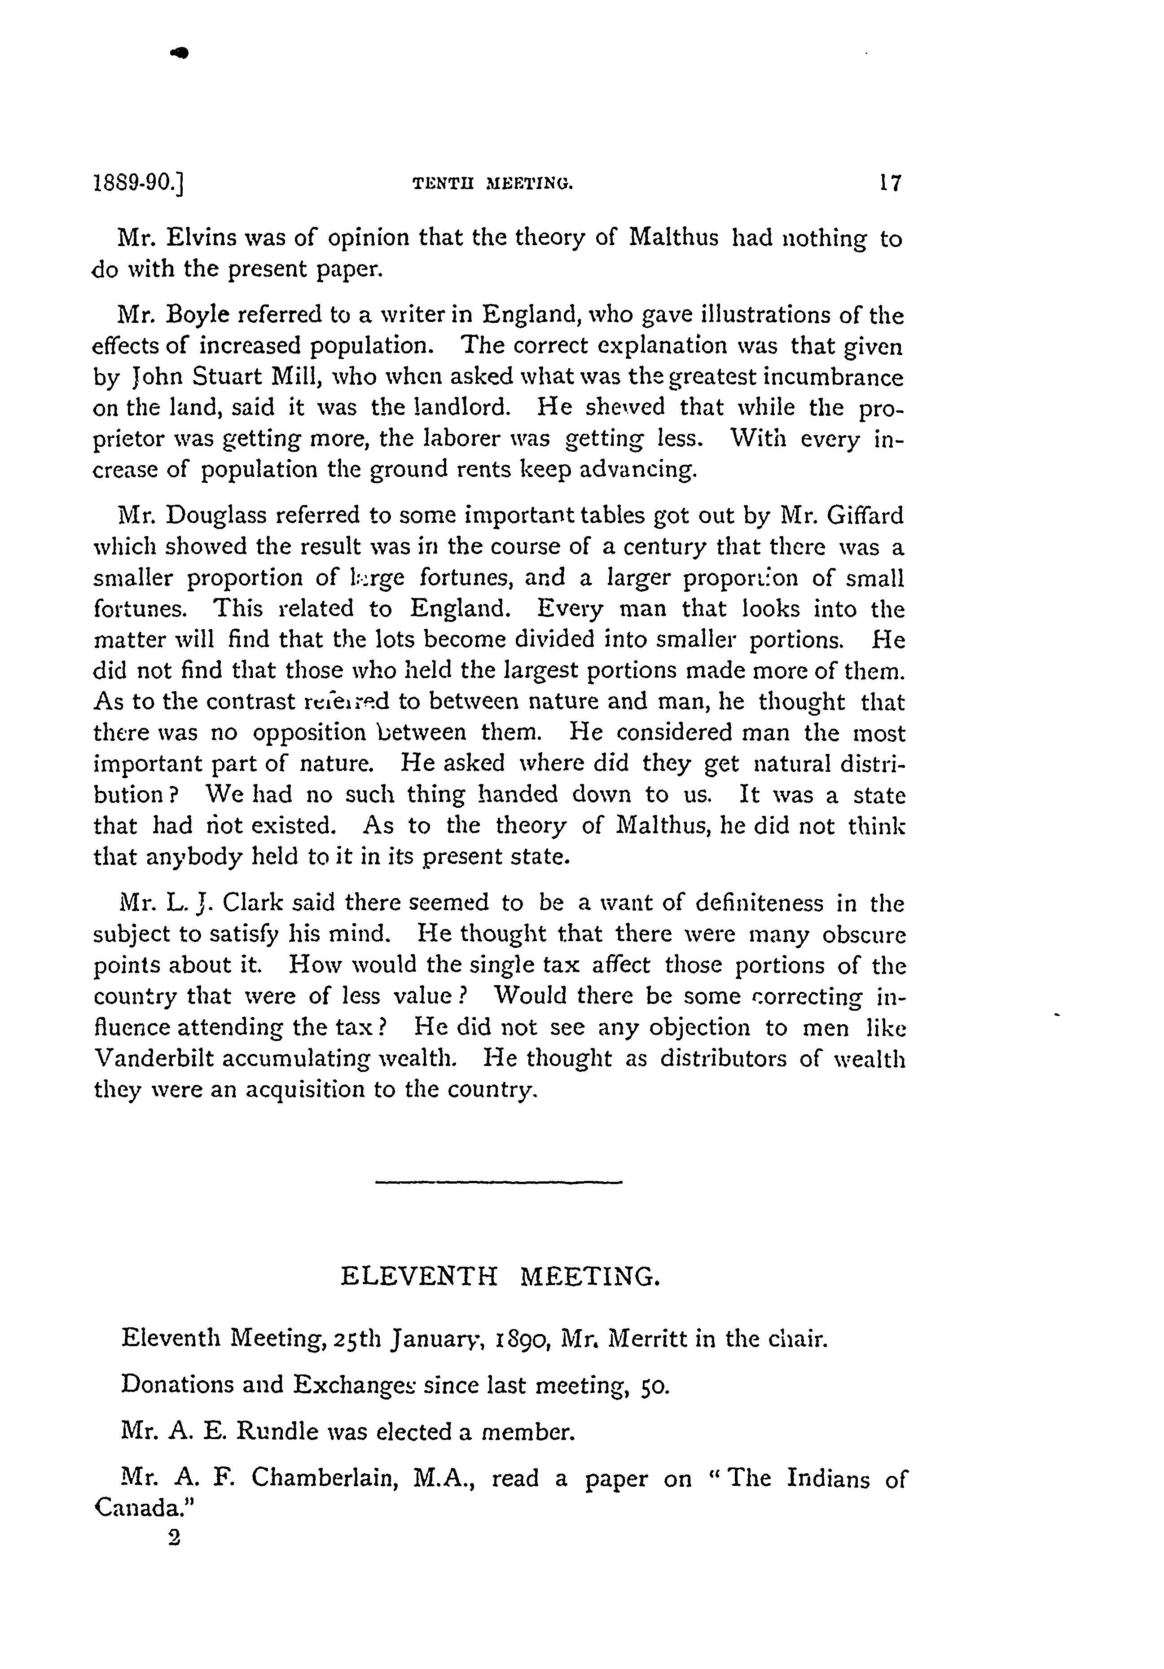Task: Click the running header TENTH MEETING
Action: click(x=492, y=185)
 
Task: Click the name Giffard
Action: click(x=865, y=515)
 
